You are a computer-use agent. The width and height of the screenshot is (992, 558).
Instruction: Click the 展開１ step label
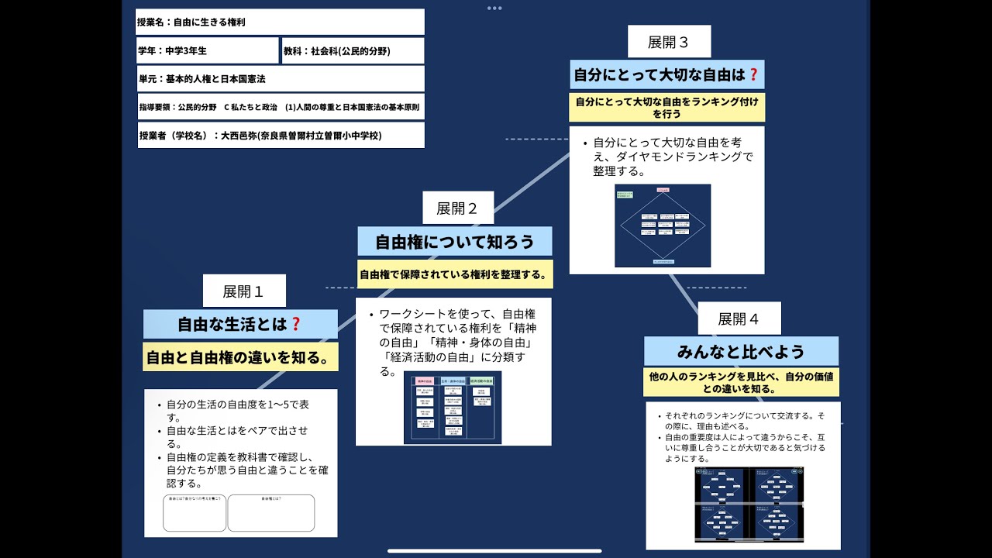(x=243, y=291)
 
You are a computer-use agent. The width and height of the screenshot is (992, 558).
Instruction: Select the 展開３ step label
(x=669, y=42)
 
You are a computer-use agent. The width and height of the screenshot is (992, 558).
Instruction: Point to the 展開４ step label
(x=739, y=319)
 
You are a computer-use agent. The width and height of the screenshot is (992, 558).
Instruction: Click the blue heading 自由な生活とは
(x=240, y=324)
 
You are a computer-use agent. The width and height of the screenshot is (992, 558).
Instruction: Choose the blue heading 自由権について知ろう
(x=455, y=242)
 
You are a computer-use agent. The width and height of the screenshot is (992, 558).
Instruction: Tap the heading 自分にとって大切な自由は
(x=666, y=75)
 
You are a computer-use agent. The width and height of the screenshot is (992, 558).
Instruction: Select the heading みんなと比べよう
(x=741, y=351)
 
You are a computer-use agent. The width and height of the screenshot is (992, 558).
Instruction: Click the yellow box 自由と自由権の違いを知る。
(x=240, y=357)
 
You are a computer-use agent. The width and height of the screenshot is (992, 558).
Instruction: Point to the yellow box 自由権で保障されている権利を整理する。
(x=455, y=274)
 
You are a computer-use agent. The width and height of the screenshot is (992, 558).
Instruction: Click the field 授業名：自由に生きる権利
(x=280, y=22)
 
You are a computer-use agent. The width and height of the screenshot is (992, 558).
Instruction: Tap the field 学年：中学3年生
(x=207, y=51)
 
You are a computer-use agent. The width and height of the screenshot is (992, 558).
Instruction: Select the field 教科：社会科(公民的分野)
(x=353, y=51)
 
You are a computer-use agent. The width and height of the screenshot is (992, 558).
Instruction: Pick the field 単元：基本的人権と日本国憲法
(x=280, y=79)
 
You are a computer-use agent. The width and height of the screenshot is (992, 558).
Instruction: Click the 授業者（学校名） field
(x=280, y=135)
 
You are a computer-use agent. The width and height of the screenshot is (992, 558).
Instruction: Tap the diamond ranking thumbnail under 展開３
(x=663, y=226)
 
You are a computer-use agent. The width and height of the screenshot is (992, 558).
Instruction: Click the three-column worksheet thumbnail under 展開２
(x=453, y=407)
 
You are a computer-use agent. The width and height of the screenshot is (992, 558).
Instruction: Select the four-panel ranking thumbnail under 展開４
(x=749, y=505)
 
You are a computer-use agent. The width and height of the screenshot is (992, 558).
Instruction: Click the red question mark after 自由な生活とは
(x=295, y=324)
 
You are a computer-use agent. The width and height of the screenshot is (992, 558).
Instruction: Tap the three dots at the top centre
(x=494, y=8)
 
